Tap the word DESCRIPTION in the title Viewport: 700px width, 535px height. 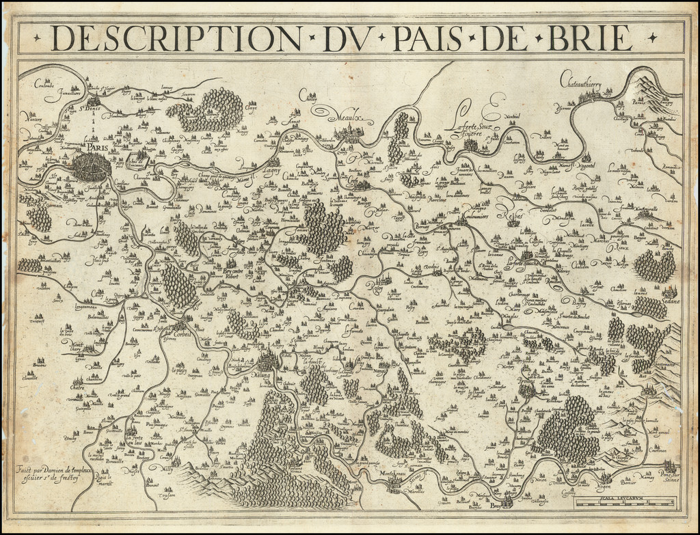[x=174, y=38]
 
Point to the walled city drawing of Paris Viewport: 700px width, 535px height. [x=91, y=167]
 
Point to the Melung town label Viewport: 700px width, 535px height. [x=263, y=374]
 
